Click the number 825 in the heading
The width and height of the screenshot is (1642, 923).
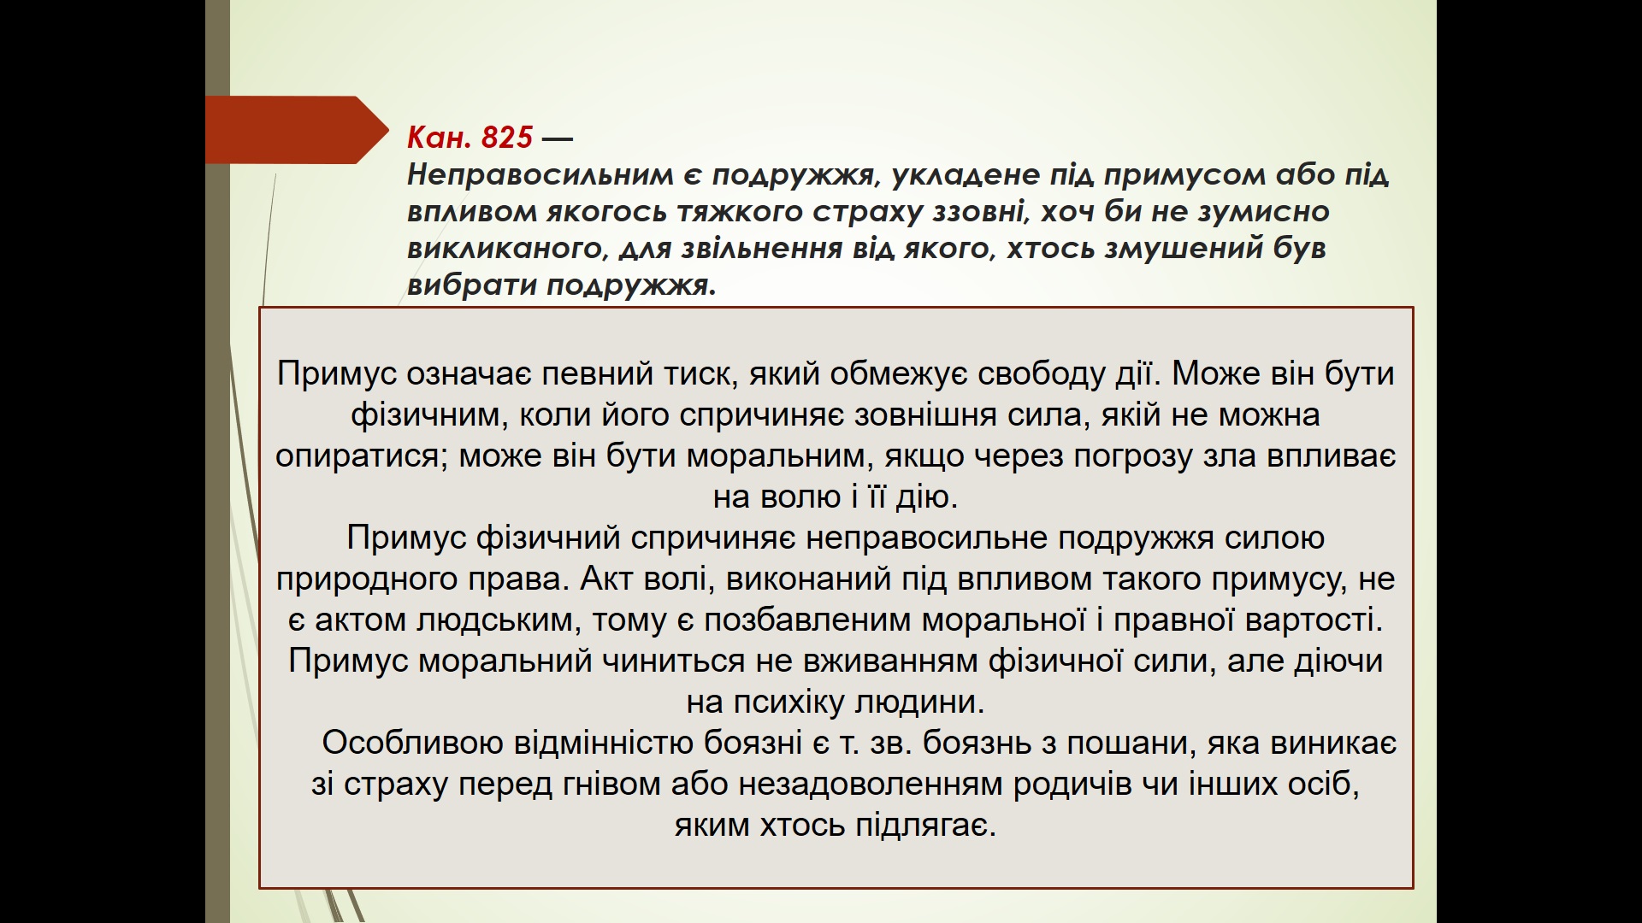507,137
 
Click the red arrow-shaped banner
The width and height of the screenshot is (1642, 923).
295,130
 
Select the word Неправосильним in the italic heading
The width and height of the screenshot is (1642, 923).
540,174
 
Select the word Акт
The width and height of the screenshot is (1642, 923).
606,579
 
